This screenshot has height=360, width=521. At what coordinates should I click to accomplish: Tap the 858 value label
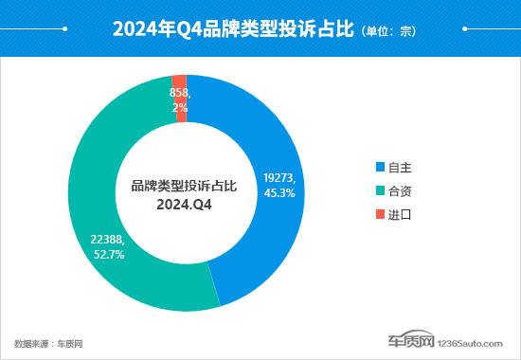click(x=180, y=94)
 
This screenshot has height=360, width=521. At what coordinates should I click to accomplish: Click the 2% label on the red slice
click(x=180, y=108)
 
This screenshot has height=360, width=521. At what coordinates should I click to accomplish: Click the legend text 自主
click(x=399, y=167)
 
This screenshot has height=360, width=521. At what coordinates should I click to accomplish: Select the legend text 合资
click(x=399, y=190)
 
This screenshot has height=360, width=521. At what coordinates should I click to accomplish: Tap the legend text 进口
click(x=399, y=214)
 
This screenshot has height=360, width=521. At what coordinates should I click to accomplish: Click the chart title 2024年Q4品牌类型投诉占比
click(x=233, y=30)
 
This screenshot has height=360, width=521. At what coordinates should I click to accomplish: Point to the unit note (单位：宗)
click(x=388, y=31)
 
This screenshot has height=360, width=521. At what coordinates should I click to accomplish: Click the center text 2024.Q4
click(x=183, y=203)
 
